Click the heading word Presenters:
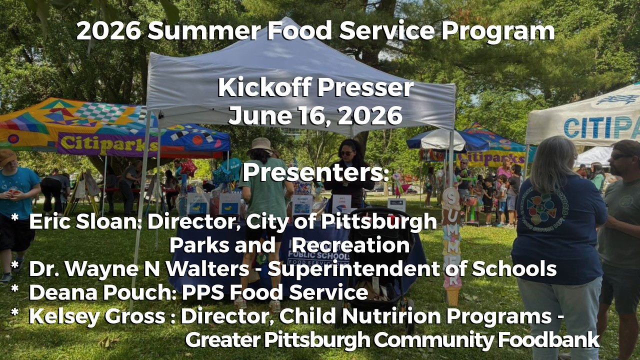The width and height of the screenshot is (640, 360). click(316, 172)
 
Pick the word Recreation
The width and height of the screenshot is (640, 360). click(350, 245)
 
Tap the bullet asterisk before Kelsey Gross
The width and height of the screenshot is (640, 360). click(15, 312)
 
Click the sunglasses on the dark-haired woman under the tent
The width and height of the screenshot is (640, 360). click(347, 153)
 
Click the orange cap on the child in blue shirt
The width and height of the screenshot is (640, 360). click(7, 157)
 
